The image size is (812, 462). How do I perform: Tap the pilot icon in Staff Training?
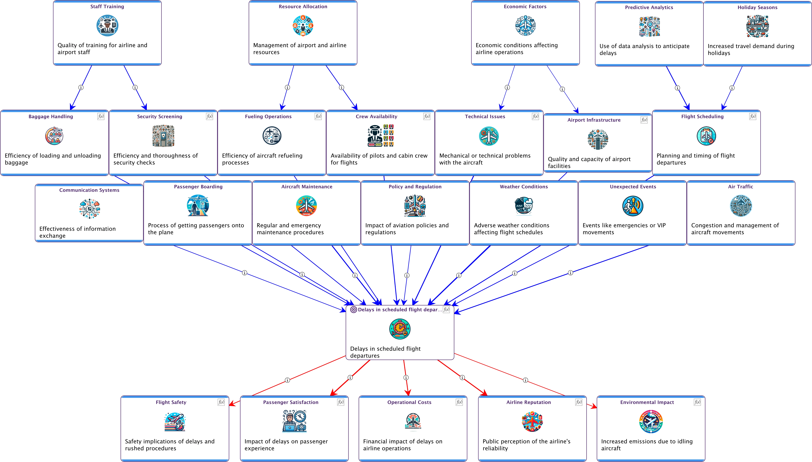click(107, 25)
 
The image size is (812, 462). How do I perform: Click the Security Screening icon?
click(163, 136)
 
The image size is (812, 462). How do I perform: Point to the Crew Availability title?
click(376, 116)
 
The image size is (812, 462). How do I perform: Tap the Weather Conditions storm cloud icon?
click(524, 206)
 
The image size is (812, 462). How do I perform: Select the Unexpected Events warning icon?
click(633, 206)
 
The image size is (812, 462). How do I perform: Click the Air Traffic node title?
click(740, 187)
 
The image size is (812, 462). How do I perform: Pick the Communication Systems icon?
click(89, 209)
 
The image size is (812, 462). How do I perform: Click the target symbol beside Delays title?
click(353, 310)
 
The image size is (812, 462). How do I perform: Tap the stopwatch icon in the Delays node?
click(400, 329)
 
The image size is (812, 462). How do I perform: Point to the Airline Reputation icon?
click(532, 422)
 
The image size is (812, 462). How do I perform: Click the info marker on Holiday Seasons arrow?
click(732, 88)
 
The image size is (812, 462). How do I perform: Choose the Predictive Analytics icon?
click(649, 27)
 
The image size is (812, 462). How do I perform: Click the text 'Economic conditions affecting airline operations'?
click(516, 49)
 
